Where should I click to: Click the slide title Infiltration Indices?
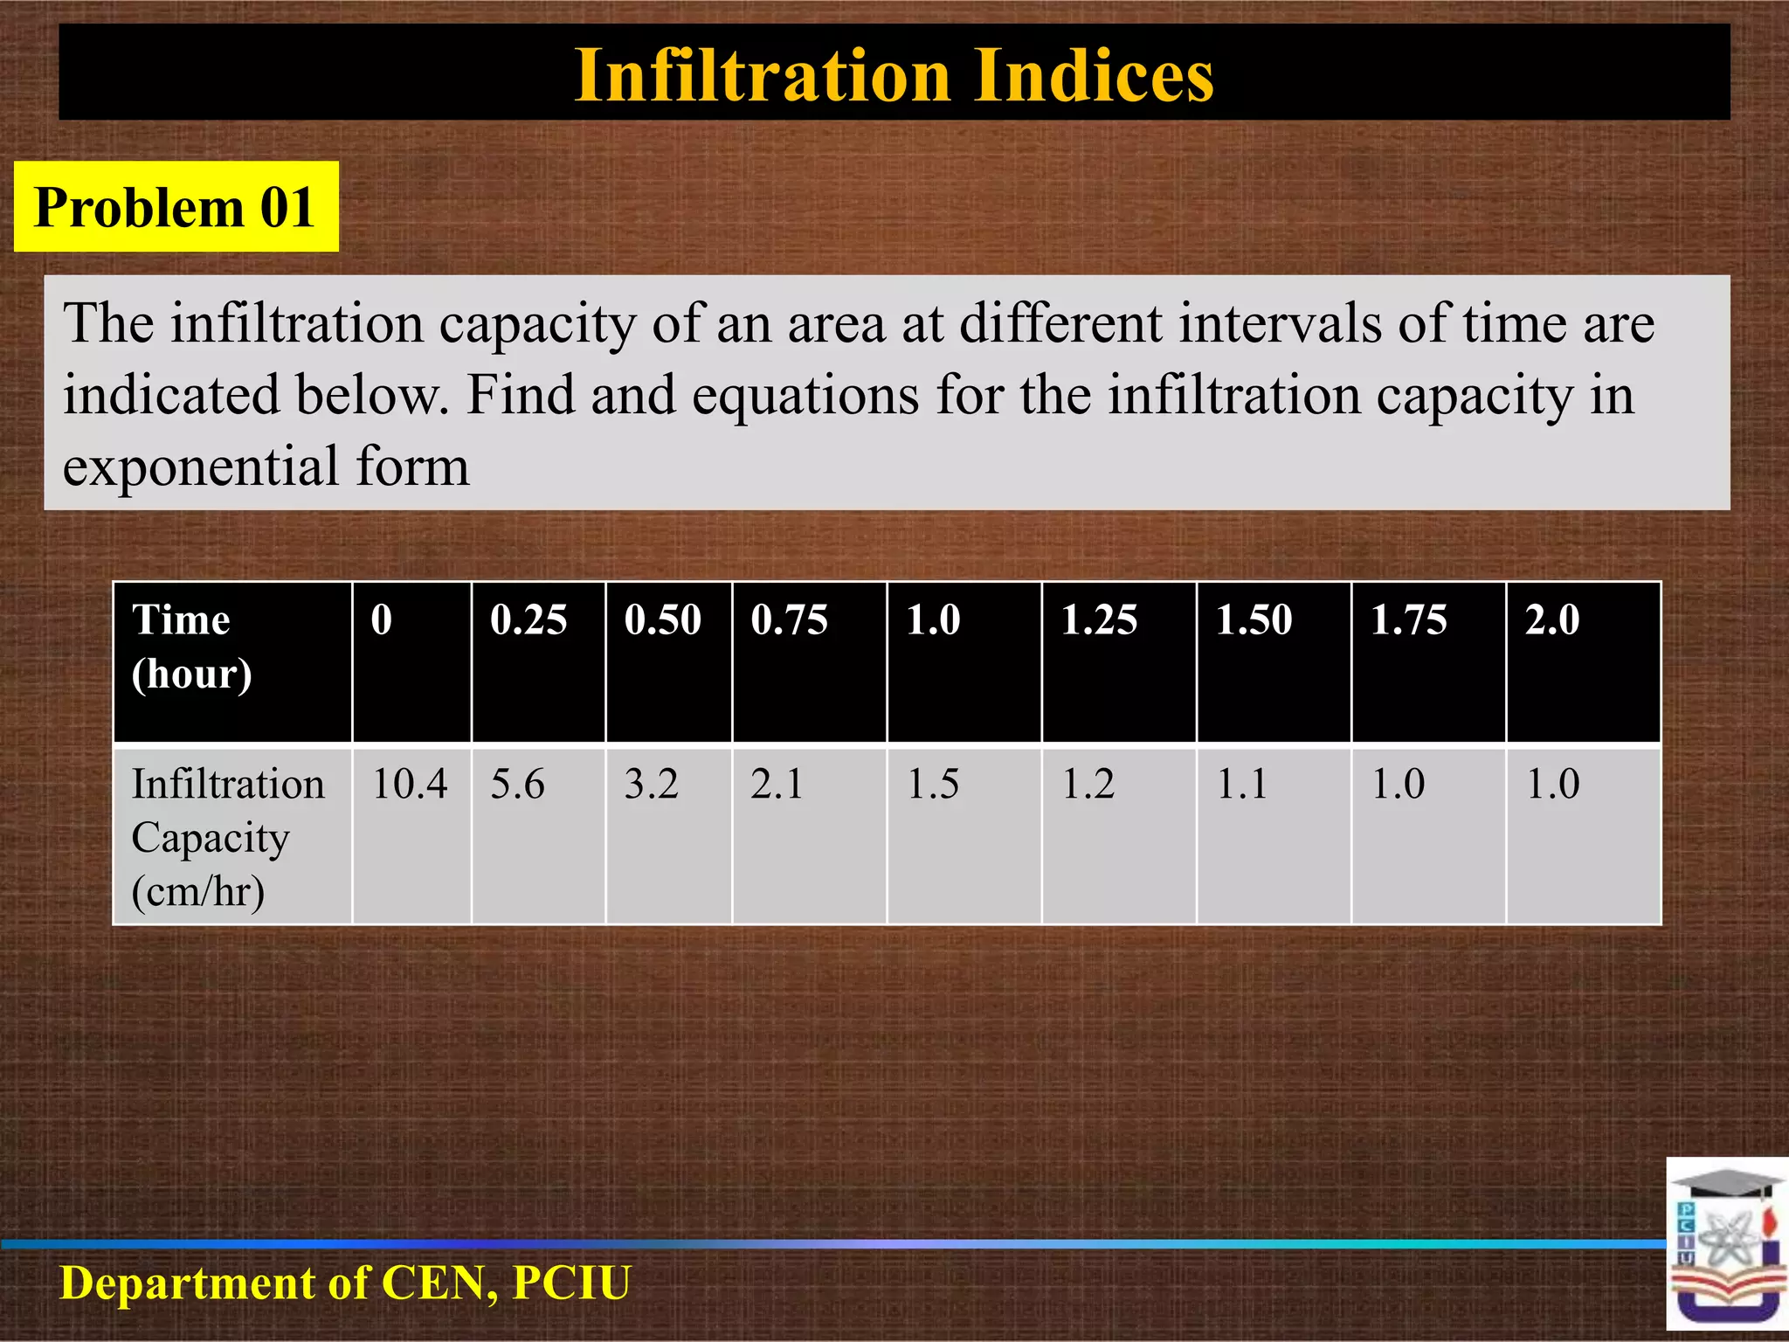coord(894,75)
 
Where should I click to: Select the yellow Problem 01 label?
coord(176,208)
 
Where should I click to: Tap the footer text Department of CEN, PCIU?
coord(345,1283)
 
